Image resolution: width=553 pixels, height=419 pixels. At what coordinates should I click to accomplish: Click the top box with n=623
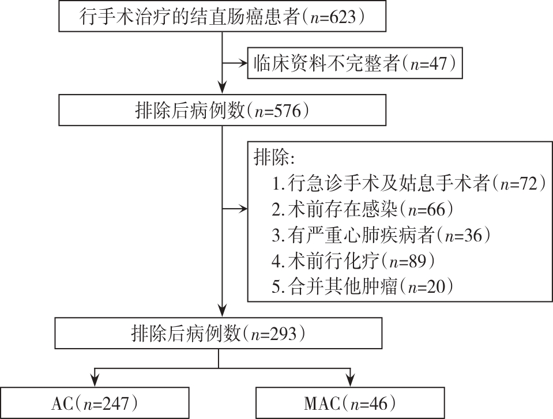pos(222,17)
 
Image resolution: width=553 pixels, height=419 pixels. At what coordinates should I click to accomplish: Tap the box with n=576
pos(222,110)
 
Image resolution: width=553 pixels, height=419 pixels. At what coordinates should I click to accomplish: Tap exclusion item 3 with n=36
pos(381,235)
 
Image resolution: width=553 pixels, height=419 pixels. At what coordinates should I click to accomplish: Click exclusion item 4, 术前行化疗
pos(355,260)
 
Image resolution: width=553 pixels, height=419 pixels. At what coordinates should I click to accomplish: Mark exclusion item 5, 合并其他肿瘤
pos(363,285)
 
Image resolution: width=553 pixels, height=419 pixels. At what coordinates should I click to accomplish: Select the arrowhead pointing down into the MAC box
pos(349,380)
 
